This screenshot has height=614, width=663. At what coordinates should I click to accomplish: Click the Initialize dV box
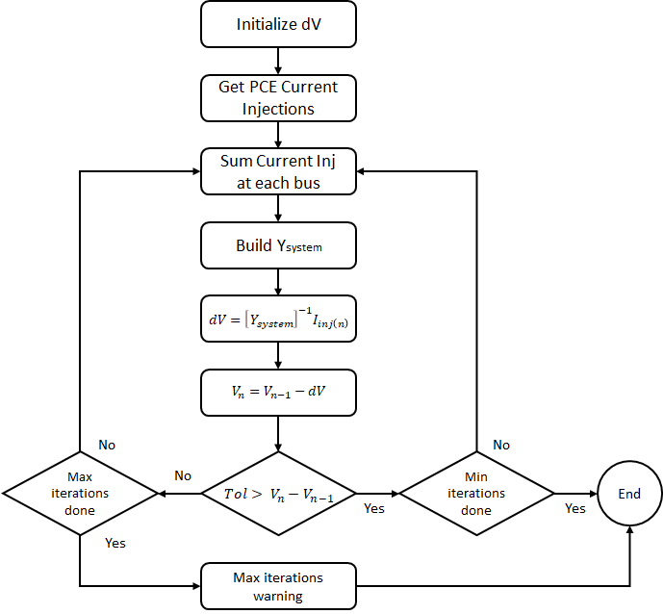278,24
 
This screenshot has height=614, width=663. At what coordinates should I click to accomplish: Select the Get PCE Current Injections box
278,97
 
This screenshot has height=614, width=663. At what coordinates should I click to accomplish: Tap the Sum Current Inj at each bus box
278,171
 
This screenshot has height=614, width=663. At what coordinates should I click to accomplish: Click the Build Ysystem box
278,245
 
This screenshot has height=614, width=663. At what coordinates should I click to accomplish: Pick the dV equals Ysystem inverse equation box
278,319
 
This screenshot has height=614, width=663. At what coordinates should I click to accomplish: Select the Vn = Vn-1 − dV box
278,393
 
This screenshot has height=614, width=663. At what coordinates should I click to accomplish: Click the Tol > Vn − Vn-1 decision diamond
278,494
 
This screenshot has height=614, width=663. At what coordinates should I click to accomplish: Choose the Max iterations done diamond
80,494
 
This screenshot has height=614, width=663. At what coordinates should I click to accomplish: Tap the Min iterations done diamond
476,494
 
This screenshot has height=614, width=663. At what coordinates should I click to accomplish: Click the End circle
629,494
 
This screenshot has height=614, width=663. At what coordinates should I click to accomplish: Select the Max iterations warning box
278,586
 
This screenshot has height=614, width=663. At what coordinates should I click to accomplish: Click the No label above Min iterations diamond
501,445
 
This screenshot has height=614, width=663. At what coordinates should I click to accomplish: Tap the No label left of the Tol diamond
182,475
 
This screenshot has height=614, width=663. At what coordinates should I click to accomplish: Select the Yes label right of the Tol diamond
374,508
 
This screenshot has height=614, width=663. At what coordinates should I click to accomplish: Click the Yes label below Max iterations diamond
115,543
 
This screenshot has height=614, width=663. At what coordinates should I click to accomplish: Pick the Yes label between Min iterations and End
574,508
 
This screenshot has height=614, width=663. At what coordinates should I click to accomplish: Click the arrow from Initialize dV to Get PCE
278,61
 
